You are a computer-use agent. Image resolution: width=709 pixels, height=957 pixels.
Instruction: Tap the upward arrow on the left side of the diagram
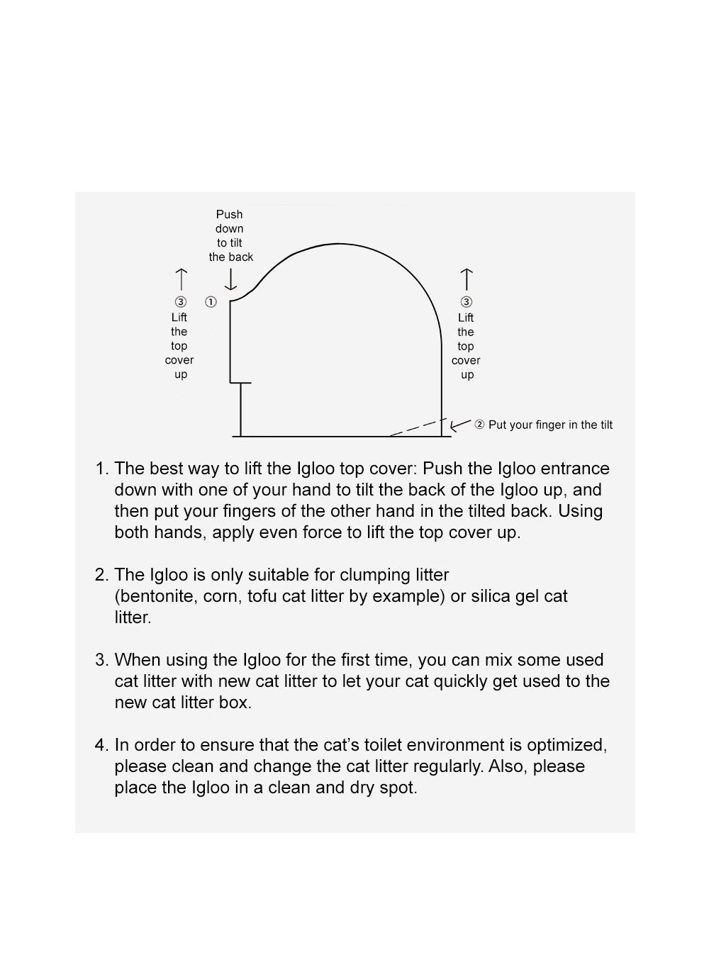pos(181,279)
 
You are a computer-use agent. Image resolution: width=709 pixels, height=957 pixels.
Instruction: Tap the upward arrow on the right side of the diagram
pos(466,279)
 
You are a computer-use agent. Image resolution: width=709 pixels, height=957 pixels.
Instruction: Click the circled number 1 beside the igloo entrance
pos(211,302)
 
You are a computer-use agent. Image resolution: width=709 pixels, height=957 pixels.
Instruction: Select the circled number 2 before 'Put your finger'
pos(479,425)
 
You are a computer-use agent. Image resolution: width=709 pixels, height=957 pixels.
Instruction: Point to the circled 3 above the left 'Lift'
pos(180,302)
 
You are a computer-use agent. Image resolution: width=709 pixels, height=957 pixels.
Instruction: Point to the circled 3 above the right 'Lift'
pos(466,303)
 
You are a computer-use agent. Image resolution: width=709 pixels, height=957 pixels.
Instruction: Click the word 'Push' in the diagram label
pos(230,214)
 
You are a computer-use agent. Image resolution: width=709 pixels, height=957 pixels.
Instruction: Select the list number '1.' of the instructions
pos(102,469)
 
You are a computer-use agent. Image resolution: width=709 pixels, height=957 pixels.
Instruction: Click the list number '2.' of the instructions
pos(102,575)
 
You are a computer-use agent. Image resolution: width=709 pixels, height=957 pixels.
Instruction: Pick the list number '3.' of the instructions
pos(102,660)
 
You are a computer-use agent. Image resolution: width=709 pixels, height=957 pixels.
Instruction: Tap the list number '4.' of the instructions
pos(102,745)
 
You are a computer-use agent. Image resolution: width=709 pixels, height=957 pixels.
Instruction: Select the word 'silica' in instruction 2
pos(495,596)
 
